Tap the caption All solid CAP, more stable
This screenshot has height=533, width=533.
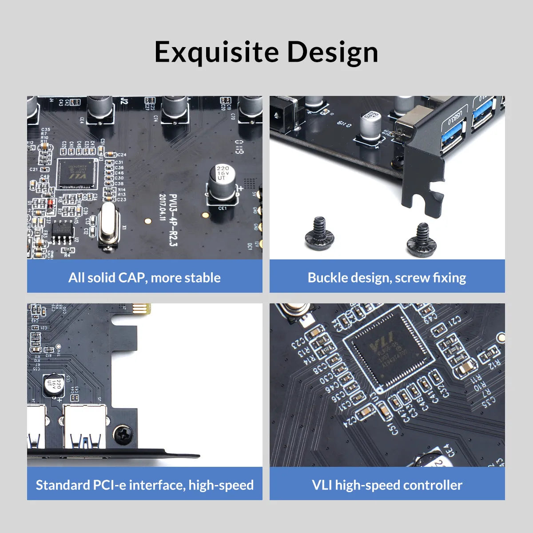click(144, 278)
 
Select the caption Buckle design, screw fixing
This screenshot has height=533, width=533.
click(387, 278)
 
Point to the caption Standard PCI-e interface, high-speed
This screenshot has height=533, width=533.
click(144, 485)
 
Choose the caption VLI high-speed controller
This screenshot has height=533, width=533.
click(387, 485)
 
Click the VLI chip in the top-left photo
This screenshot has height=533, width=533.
click(77, 174)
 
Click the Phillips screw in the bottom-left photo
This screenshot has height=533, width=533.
click(123, 434)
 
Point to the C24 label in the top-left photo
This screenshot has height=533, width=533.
click(121, 155)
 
